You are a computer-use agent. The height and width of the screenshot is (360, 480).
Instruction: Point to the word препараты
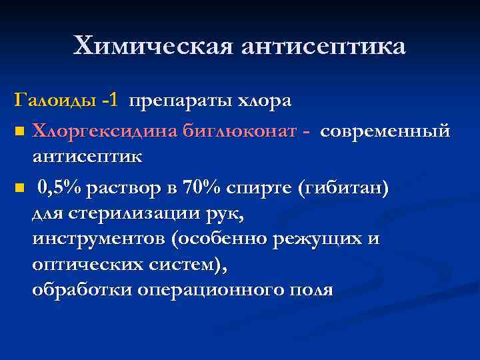click(x=179, y=101)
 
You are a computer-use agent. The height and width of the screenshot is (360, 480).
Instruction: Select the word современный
click(x=385, y=131)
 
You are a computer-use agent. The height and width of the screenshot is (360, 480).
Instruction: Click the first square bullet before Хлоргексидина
click(x=20, y=132)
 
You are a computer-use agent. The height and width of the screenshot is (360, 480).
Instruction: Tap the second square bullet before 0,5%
click(x=20, y=189)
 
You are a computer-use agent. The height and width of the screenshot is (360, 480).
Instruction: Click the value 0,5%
click(x=60, y=188)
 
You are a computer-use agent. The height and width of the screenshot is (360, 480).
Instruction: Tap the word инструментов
click(x=93, y=239)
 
